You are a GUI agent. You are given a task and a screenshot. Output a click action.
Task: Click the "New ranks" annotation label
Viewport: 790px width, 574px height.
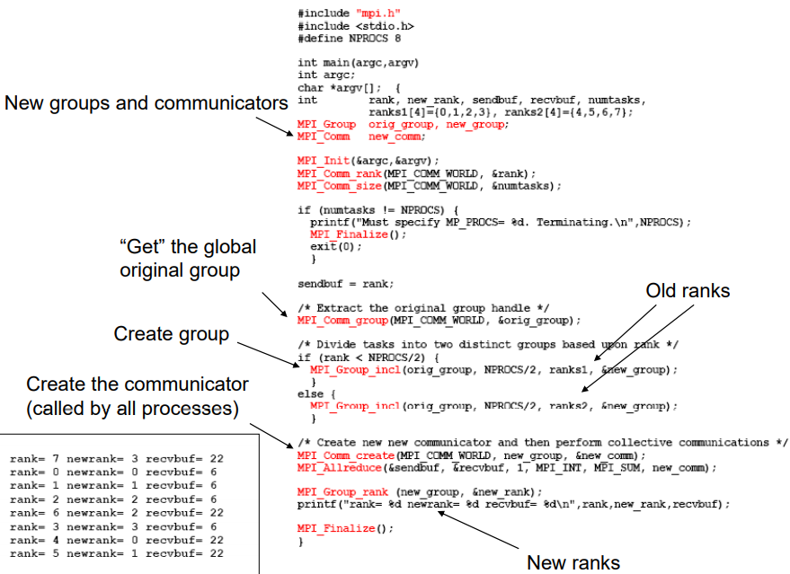click(573, 562)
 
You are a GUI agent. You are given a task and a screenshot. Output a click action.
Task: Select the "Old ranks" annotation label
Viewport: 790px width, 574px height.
click(688, 290)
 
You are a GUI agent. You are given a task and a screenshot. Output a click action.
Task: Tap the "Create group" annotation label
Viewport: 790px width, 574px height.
click(172, 334)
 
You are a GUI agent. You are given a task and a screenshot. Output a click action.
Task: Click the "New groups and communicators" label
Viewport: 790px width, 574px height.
click(146, 102)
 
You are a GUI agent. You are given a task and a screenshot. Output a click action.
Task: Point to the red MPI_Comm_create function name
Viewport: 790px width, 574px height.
click(346, 455)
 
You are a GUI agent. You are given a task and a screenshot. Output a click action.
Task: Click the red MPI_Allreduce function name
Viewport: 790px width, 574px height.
click(340, 468)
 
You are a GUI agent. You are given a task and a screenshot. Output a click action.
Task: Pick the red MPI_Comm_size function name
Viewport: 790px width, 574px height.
click(340, 186)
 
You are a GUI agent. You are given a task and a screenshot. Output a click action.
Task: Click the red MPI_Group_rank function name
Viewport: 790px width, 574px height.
click(342, 492)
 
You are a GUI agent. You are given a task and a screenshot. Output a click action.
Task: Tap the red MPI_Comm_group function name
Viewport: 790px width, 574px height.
click(342, 320)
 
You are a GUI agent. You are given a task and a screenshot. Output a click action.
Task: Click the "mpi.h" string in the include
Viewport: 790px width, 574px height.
click(378, 13)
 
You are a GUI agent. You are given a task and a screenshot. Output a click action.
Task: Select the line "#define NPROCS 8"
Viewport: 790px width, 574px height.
click(349, 39)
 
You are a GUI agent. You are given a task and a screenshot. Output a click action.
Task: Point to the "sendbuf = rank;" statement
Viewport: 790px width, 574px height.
click(346, 284)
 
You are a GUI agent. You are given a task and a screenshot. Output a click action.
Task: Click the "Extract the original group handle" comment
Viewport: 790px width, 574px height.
click(423, 307)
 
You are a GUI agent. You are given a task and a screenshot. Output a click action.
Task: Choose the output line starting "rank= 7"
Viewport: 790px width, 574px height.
click(116, 459)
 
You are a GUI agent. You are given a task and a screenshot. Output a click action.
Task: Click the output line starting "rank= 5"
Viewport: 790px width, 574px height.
click(116, 553)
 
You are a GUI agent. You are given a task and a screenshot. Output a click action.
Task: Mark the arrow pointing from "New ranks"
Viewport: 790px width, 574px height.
click(478, 530)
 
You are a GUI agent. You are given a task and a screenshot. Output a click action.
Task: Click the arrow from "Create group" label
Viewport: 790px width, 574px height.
click(269, 355)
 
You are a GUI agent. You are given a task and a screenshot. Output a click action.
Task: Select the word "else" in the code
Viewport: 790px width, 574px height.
click(310, 393)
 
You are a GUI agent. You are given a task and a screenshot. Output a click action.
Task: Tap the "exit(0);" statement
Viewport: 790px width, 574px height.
click(336, 247)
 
